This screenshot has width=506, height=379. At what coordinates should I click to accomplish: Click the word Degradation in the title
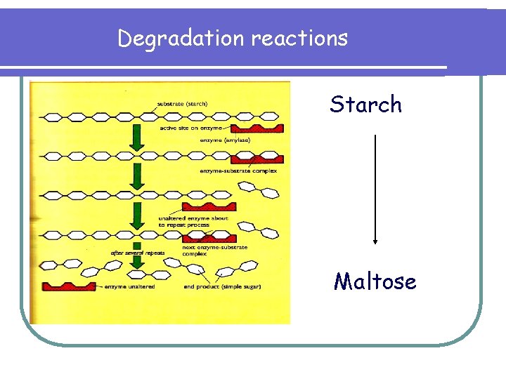pos(181,38)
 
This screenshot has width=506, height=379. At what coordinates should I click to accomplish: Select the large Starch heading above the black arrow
pos(366,105)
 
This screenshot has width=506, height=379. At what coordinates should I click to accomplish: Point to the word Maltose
pos(375,282)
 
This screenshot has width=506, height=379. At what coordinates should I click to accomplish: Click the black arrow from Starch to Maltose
pos(375,189)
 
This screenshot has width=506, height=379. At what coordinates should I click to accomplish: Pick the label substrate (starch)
pos(187,106)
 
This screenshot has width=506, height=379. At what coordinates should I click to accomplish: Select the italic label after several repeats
pos(137,253)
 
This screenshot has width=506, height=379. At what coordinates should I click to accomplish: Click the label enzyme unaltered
pos(130,286)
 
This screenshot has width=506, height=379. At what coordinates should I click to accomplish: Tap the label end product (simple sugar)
pos(223,286)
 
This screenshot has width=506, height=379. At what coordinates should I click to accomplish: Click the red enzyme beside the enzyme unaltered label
pos(69,286)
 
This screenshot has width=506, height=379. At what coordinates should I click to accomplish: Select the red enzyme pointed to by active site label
pos(257,128)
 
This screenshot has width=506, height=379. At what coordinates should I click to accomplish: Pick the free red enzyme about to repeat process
pos(209,206)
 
